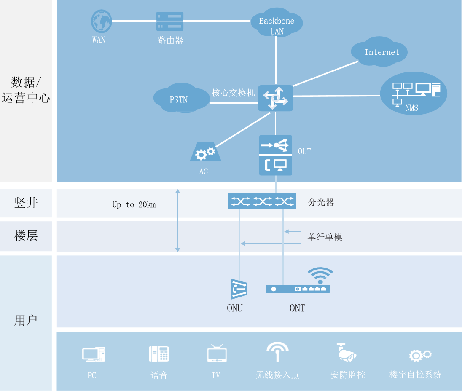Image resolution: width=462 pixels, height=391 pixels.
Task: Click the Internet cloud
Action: click(379, 52)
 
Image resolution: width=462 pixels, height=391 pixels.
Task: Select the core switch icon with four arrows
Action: click(275, 98)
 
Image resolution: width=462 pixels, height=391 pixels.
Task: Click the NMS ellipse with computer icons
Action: click(414, 94)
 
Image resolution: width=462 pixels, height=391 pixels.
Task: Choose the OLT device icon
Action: click(275, 155)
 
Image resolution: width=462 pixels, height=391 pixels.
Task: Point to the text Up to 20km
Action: click(134, 205)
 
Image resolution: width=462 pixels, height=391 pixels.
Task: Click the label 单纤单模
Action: click(325, 237)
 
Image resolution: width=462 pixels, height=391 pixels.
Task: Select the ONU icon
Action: click(239, 289)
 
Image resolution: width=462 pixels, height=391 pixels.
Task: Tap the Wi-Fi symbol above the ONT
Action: click(320, 275)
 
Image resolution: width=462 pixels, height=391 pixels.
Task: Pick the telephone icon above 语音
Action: click(159, 354)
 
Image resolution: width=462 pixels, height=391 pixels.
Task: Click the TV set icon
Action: click(217, 354)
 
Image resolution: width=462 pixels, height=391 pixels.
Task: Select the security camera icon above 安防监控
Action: click(346, 353)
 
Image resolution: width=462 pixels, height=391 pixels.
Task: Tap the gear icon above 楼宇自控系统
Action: click(419, 355)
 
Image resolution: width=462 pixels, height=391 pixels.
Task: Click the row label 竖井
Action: click(26, 203)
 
